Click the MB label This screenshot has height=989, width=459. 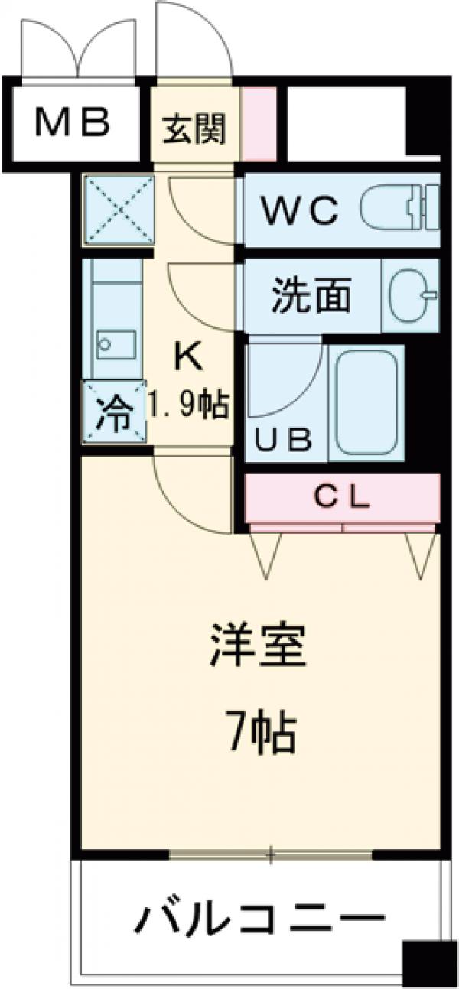point(75,122)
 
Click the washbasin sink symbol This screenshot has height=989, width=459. point(411,294)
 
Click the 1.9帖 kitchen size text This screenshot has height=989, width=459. point(187,402)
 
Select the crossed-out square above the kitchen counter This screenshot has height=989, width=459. point(118,210)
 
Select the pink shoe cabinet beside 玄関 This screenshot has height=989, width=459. point(259,125)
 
